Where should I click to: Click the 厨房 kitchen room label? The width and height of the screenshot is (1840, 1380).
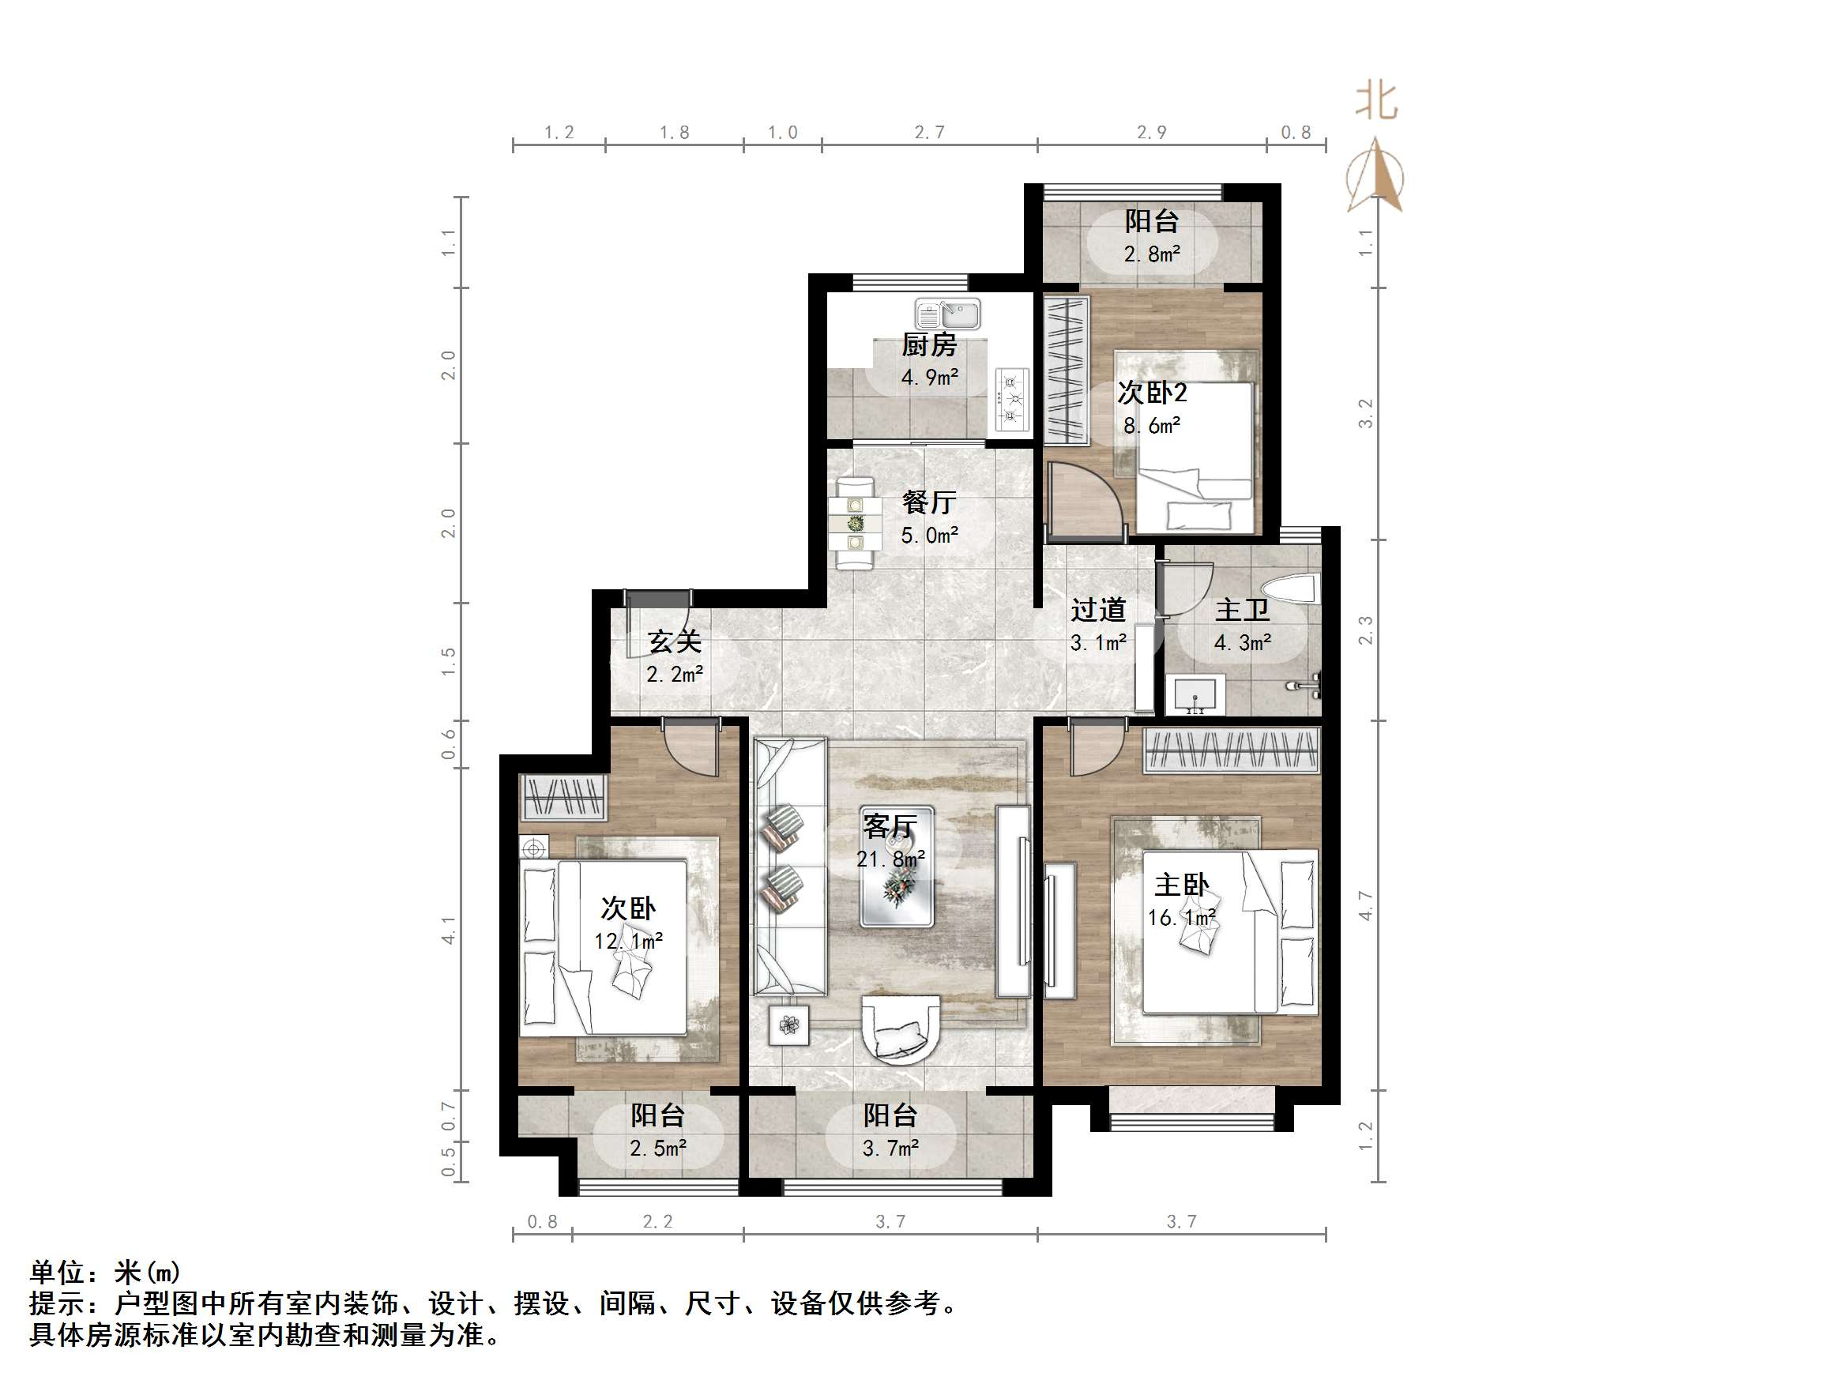929,344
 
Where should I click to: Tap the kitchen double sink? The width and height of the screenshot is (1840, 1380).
948,315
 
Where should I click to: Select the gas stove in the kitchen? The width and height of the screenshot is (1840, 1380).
1011,399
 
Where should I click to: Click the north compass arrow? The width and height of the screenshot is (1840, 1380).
1378,175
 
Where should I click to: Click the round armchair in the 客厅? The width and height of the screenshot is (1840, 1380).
901,1031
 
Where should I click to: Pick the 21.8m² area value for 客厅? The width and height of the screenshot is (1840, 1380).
891,859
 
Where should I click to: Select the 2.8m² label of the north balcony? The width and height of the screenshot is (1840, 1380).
1152,254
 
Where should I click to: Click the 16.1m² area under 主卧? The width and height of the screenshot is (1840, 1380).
1182,918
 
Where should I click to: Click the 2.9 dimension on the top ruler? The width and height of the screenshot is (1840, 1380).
1152,132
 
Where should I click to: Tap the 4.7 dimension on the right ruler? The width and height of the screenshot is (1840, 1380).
1365,904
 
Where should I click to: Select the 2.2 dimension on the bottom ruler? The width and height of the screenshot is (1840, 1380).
657,1221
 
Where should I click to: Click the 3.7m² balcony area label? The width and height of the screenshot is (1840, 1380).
890,1148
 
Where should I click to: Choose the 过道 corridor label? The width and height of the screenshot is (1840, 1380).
1098,610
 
